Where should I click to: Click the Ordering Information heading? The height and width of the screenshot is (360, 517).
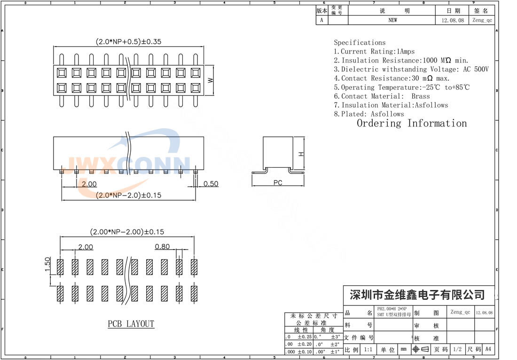(x=412, y=124)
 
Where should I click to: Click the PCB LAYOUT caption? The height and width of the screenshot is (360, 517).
(x=131, y=324)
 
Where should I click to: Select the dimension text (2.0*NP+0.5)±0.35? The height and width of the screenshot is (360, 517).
(x=128, y=41)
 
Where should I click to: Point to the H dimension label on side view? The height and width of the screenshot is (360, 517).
(x=301, y=154)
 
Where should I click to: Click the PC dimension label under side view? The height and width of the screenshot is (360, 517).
(x=278, y=183)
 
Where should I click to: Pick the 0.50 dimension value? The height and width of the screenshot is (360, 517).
(x=211, y=184)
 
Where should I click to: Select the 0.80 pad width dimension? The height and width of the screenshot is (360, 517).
(x=162, y=246)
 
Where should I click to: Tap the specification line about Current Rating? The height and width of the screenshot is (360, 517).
(x=374, y=51)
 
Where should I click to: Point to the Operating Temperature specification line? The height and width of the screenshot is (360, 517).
(x=402, y=87)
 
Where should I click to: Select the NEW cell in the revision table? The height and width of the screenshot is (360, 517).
(x=392, y=20)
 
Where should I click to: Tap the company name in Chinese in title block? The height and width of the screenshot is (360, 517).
(x=417, y=295)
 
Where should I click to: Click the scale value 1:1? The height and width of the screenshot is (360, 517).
(x=368, y=350)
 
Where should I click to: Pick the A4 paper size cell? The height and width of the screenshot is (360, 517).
(x=488, y=350)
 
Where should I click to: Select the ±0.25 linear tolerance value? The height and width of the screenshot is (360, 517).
(x=305, y=337)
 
